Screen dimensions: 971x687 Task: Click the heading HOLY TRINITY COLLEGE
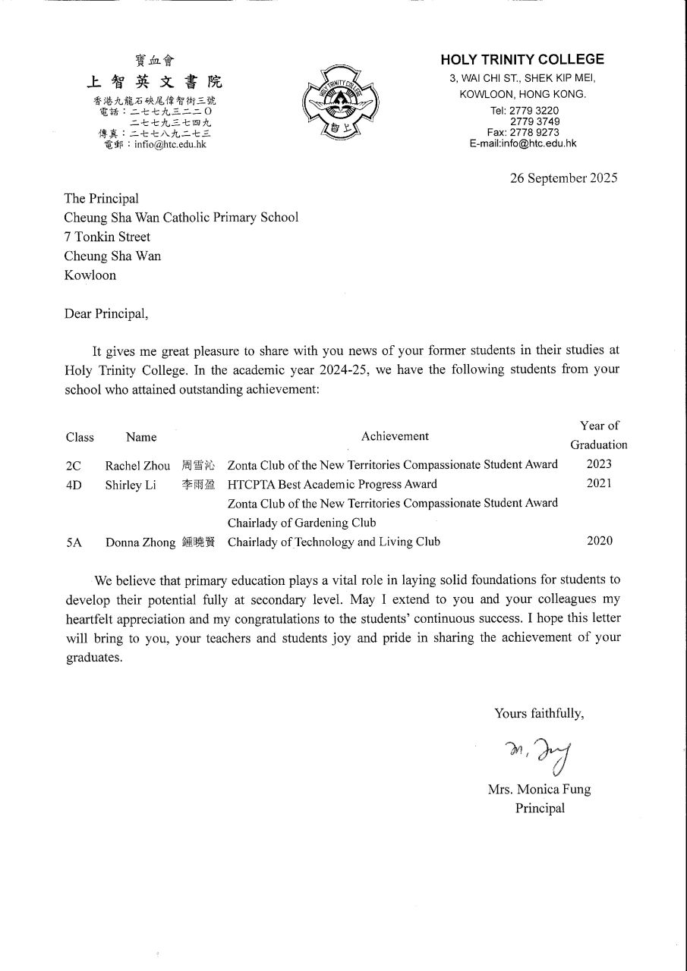[522, 59]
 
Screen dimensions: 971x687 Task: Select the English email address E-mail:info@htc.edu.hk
[522, 143]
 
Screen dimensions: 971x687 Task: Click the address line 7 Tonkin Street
[107, 237]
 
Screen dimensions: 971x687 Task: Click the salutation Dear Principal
[107, 313]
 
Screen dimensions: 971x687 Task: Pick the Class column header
[80, 437]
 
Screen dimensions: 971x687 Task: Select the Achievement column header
[395, 436]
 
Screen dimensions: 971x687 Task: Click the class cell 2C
[74, 465]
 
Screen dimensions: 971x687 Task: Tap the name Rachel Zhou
[137, 465]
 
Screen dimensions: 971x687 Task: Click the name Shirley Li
[131, 485]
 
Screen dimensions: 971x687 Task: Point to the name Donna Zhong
[140, 542]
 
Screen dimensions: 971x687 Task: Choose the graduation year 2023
[599, 464]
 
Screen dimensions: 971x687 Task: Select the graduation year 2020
[599, 541]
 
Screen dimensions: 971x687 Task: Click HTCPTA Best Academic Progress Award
[332, 484]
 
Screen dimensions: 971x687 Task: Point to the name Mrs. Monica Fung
[539, 789]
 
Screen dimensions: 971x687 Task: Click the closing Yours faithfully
[539, 713]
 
